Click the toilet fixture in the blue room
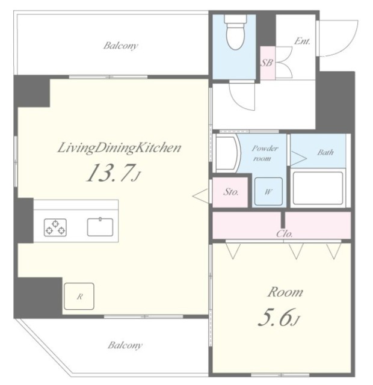pos(235,32)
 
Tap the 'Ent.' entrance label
pos(302,41)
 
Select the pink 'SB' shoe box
pos(267,63)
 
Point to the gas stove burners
pos(55,227)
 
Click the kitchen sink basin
pos(100,227)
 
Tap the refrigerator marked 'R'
pos(79,296)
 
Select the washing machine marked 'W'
pos(268,191)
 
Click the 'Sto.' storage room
pos(230,192)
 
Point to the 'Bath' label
pos(325,152)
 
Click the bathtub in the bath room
pos(318,188)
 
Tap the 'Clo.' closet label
pos(285,233)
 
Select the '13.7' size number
pos(109,173)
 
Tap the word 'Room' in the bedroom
pos(285,292)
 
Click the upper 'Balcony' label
pos(120,46)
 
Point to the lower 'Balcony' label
pos(125,345)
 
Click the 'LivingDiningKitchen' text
pos(119,148)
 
